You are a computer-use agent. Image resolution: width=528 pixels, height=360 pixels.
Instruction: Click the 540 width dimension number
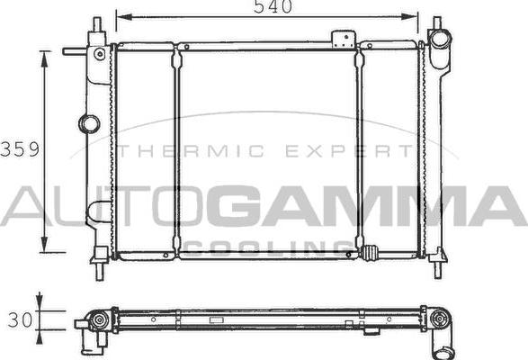click(x=268, y=8)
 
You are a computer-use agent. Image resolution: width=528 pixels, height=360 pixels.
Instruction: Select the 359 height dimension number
click(x=19, y=149)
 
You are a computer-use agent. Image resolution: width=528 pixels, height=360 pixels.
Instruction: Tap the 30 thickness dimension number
click(x=19, y=319)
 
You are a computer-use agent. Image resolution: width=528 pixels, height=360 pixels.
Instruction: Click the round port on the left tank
click(x=89, y=122)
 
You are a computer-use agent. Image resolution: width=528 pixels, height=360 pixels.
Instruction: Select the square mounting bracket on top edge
click(x=343, y=40)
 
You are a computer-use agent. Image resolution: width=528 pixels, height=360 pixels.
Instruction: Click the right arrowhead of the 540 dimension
click(x=415, y=16)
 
